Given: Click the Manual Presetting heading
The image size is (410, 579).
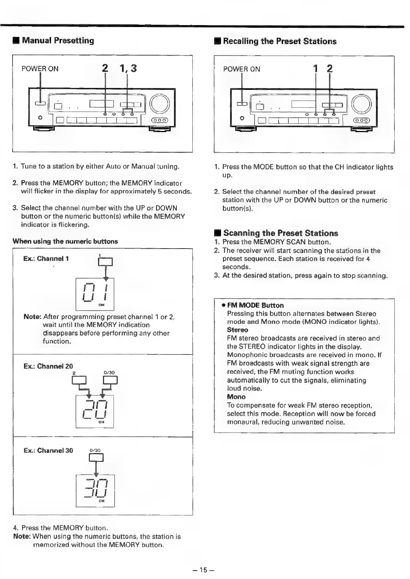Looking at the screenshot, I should tap(58, 40).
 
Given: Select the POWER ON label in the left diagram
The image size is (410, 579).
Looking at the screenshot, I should tap(40, 69).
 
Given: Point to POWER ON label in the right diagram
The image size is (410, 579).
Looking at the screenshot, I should tap(242, 69).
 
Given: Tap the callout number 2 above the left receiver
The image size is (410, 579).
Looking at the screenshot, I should tap(105, 69).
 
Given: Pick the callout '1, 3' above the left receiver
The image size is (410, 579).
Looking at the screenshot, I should tap(128, 69).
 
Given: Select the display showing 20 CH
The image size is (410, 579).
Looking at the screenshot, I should tap(95, 411).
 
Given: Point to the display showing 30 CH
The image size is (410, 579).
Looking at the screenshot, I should tap(95, 490).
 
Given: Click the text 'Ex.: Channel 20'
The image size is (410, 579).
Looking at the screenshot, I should tap(48, 366).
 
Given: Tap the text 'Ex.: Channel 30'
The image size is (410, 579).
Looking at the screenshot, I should tap(48, 451).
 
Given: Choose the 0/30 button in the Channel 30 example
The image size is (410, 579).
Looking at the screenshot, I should tap(96, 457).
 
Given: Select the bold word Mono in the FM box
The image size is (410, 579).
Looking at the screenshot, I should tap(236, 397).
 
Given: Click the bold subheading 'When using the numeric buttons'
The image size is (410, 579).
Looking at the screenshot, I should tap(65, 241).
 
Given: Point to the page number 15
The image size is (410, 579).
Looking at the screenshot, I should tap(204, 570).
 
